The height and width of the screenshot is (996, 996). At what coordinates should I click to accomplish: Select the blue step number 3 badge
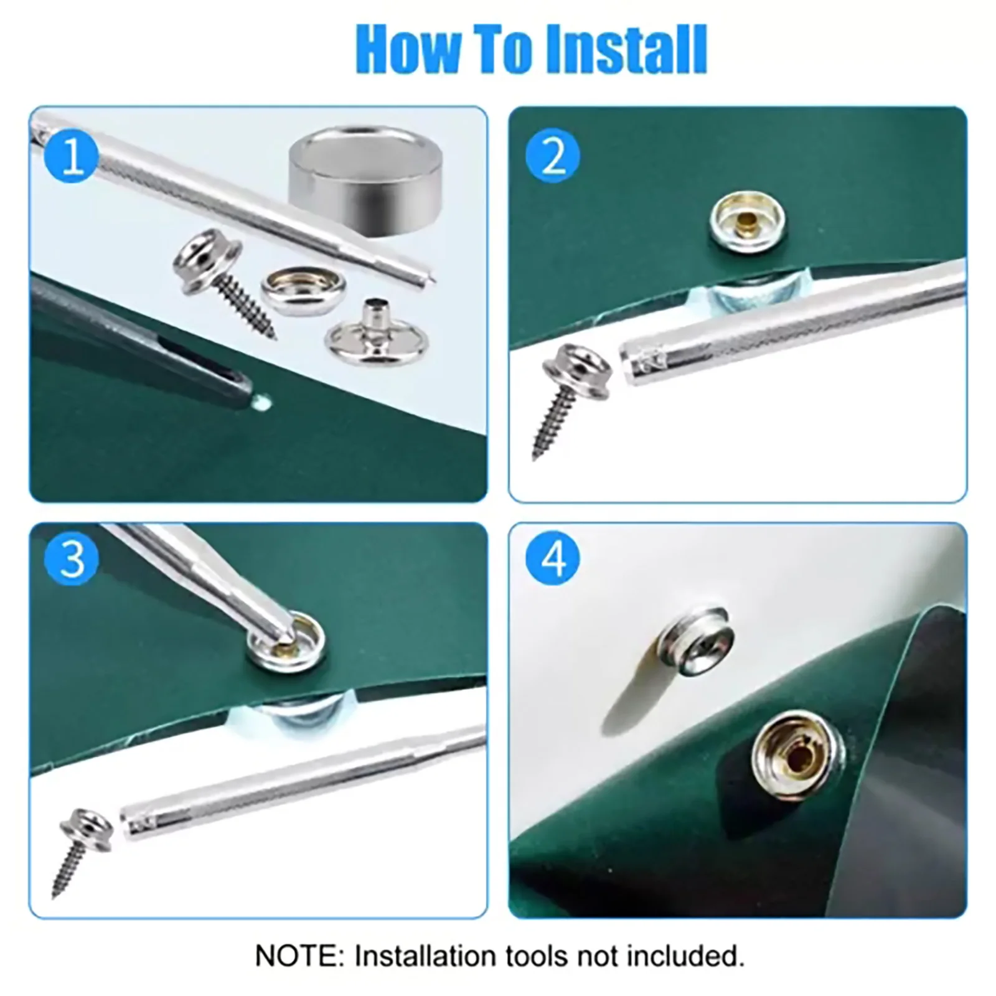(72, 558)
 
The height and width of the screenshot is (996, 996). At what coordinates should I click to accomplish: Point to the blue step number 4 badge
(553, 558)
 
